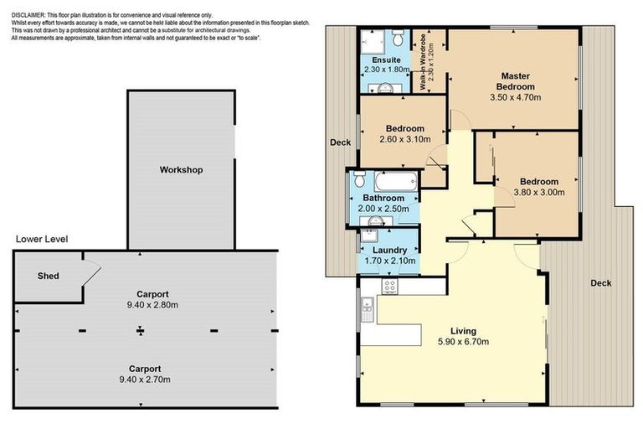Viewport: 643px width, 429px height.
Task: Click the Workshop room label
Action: (x=181, y=170)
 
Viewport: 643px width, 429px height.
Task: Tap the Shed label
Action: (x=49, y=276)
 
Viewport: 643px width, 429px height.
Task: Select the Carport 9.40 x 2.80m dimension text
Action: (x=152, y=305)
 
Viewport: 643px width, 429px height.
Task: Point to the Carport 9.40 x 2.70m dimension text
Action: (x=145, y=380)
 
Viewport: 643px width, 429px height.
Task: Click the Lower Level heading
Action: (x=42, y=239)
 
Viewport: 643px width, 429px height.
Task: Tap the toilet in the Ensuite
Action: (x=398, y=38)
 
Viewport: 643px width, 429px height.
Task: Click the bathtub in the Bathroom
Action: (x=396, y=181)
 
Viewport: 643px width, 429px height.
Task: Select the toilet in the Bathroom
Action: (x=360, y=179)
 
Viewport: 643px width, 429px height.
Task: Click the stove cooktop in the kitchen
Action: (x=389, y=286)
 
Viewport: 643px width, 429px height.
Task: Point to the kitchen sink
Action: (x=367, y=308)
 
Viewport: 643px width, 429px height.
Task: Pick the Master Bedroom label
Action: (x=516, y=81)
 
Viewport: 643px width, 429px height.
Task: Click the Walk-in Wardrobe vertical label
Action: (x=426, y=62)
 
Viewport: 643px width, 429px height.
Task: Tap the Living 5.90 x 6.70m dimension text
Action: (x=463, y=342)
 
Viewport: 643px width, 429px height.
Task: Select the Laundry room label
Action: (x=389, y=250)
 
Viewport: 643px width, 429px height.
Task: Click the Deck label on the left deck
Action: (x=341, y=142)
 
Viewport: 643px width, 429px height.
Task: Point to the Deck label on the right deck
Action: (x=601, y=283)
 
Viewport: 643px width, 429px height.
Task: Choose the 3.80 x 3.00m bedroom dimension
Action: (x=539, y=192)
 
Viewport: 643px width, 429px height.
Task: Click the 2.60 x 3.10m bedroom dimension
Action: (x=405, y=139)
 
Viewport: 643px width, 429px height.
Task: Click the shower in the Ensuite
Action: (x=373, y=41)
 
